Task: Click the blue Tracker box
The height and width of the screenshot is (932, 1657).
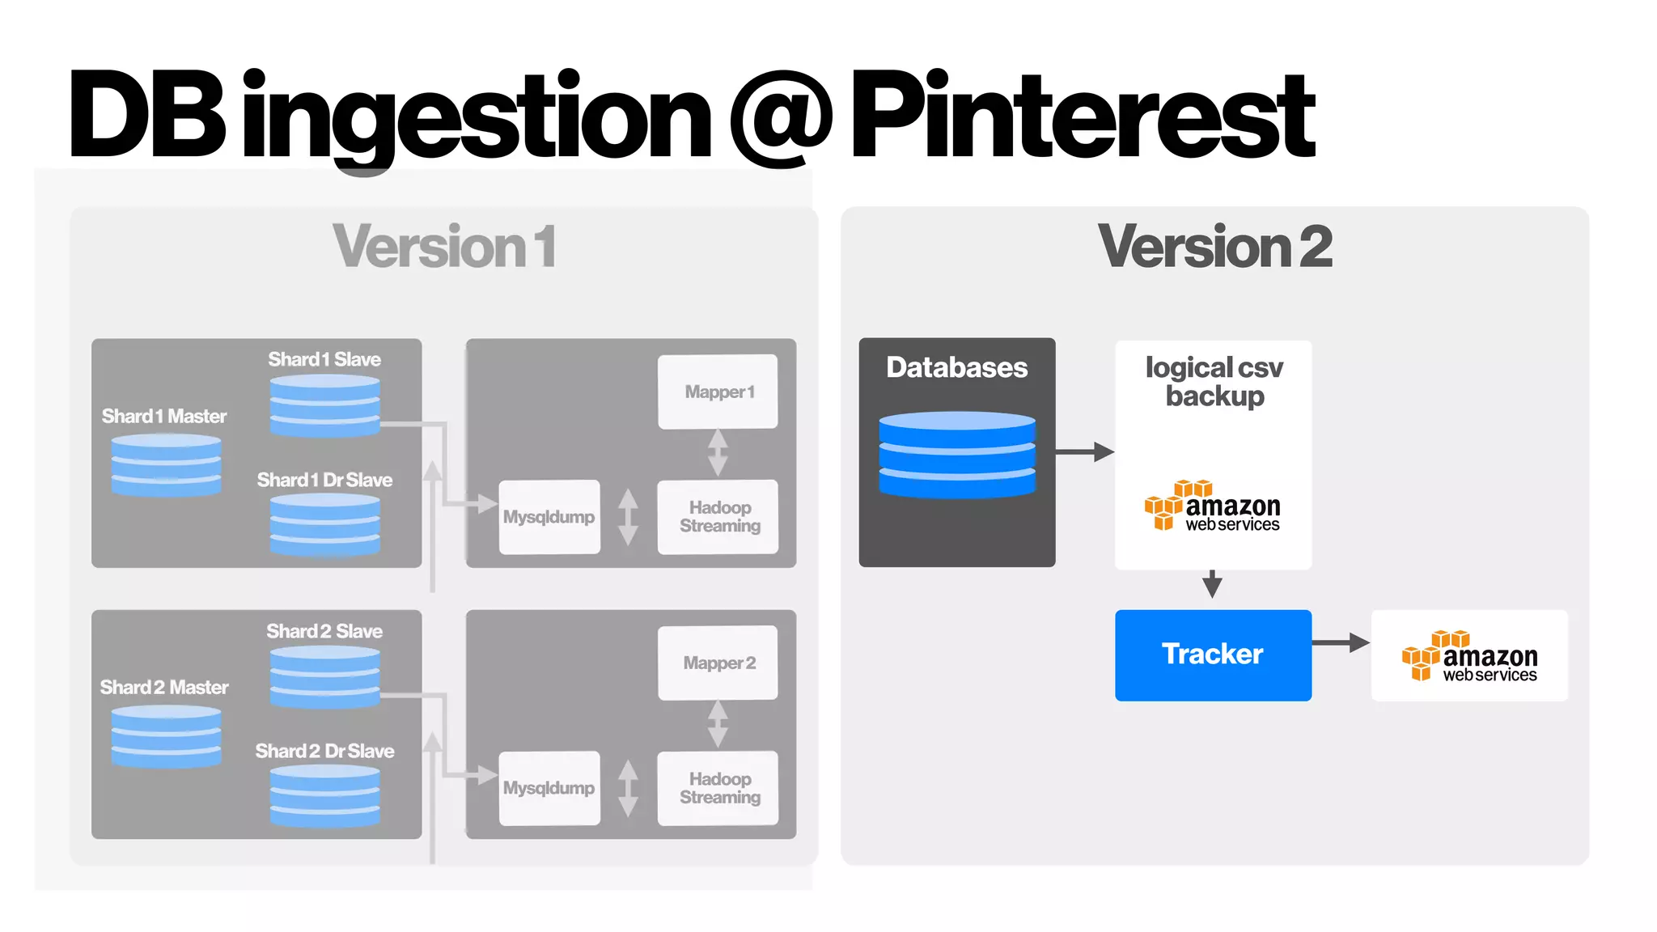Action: tap(1212, 655)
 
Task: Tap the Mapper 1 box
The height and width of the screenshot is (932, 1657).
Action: tap(718, 392)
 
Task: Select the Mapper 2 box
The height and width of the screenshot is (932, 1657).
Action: tap(718, 663)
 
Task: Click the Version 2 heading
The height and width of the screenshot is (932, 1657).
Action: tap(1214, 247)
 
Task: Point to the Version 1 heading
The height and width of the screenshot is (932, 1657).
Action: tap(444, 247)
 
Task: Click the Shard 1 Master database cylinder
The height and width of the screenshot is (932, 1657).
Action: tap(166, 464)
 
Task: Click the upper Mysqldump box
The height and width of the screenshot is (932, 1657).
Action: tap(549, 517)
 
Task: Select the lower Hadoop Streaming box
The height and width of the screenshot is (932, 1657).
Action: tap(718, 788)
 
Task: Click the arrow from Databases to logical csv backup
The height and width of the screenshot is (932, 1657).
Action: tap(1084, 451)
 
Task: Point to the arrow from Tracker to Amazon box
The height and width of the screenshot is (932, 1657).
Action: tap(1340, 643)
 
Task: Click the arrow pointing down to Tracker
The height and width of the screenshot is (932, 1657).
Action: tap(1212, 583)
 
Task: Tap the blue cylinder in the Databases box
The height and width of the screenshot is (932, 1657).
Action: tap(957, 454)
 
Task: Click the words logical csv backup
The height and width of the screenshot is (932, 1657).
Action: tap(1214, 382)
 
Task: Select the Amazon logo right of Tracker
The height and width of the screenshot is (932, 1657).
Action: tap(1469, 656)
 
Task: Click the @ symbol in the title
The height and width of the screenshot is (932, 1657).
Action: tap(781, 118)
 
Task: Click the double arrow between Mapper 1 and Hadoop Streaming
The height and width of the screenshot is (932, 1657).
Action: tap(718, 453)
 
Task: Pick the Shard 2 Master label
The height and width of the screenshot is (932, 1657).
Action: tap(164, 687)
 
